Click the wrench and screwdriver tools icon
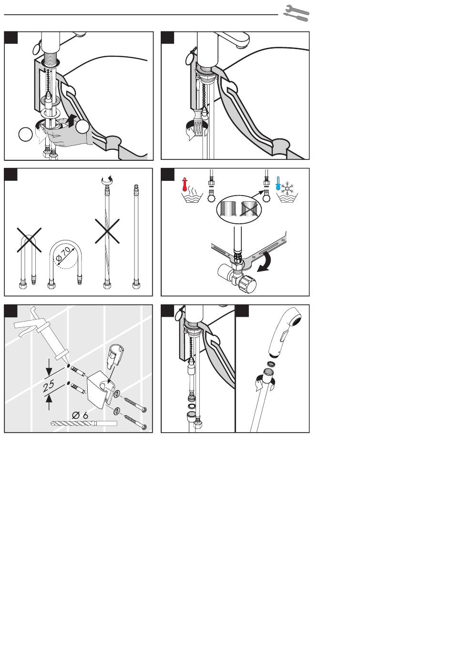pyautogui.click(x=296, y=13)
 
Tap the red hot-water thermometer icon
pyautogui.click(x=185, y=184)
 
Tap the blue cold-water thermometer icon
pyautogui.click(x=278, y=183)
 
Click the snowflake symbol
pyautogui.click(x=288, y=188)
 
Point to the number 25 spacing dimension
pyautogui.click(x=49, y=385)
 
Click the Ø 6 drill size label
pyautogui.click(x=80, y=415)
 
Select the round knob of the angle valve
pyautogui.click(x=247, y=284)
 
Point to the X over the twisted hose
pyautogui.click(x=107, y=231)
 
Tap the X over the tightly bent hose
pyautogui.click(x=29, y=240)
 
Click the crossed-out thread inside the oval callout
pyautogui.click(x=248, y=209)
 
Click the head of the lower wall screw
pyautogui.click(x=143, y=428)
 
